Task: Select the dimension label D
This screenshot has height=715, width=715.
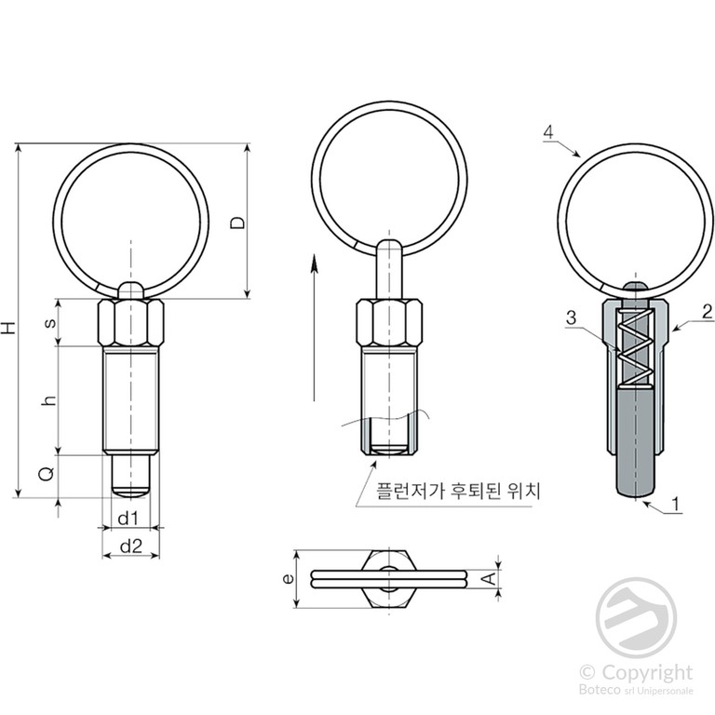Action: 237,223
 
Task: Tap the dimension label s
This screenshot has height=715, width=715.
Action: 50,322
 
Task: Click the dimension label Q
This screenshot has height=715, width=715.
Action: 47,474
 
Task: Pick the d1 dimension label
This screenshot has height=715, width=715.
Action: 128,519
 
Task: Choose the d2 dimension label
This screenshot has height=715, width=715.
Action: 131,546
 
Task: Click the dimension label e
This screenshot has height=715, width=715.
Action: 288,579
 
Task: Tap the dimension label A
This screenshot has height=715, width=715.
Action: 489,579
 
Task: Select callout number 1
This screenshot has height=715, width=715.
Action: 676,505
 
